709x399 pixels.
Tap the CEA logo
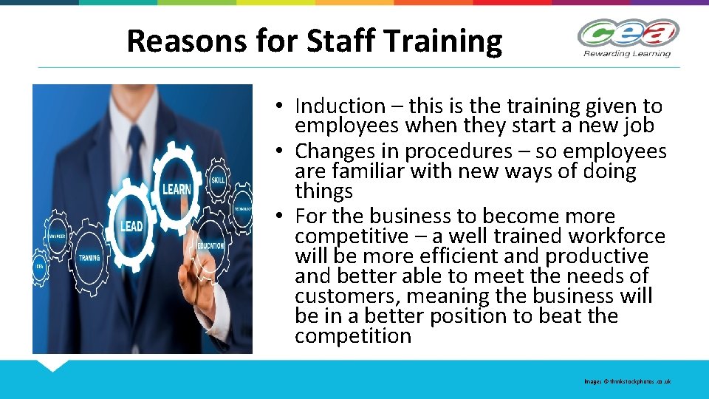pos(627,34)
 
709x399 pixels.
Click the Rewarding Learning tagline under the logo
pos(627,53)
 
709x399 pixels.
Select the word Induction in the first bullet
pos(340,106)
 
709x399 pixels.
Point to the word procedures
pos(459,152)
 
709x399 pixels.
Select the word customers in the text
pos(347,296)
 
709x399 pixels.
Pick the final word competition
pos(352,336)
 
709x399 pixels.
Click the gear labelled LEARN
pos(177,189)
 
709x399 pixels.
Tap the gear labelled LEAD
pos(131,225)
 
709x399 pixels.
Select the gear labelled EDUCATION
pos(211,246)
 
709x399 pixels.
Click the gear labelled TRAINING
pos(89,259)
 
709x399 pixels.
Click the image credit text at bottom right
pos(627,381)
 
